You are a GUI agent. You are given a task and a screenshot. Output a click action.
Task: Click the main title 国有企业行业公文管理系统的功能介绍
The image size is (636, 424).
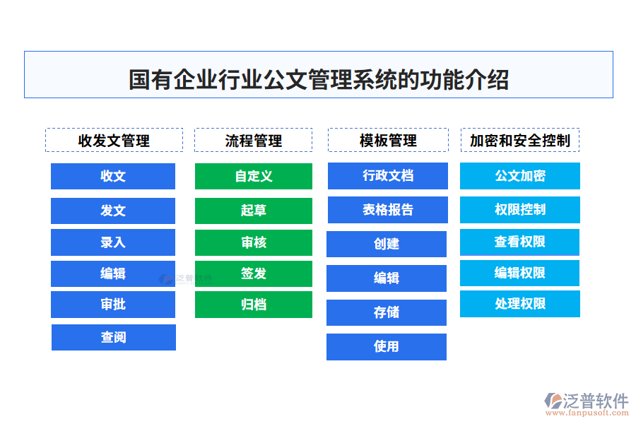[x=318, y=79]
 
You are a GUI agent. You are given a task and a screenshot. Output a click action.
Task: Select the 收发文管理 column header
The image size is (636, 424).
[x=114, y=140]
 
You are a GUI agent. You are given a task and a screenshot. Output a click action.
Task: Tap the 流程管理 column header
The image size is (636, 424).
[x=253, y=140]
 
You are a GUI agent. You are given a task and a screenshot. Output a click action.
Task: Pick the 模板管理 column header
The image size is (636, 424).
[x=387, y=140]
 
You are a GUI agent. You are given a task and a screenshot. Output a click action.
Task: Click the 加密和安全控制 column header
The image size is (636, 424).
[x=519, y=140]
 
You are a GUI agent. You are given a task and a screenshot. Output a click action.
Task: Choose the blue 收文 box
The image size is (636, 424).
[x=113, y=176]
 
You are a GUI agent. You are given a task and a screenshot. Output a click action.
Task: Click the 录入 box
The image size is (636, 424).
[x=113, y=242]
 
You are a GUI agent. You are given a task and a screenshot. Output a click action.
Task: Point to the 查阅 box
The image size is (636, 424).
[x=113, y=338]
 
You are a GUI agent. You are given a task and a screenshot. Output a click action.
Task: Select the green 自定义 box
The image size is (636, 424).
[x=253, y=176]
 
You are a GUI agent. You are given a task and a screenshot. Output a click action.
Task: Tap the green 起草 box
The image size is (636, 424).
[x=253, y=211]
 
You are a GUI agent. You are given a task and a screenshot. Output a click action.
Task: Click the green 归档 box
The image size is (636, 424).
[x=253, y=305]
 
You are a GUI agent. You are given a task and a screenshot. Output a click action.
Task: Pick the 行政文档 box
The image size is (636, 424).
[x=387, y=176]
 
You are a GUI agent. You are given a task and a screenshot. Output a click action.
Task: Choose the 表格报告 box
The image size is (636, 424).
[x=387, y=210]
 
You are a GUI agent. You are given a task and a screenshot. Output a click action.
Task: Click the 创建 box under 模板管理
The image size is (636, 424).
[x=387, y=244]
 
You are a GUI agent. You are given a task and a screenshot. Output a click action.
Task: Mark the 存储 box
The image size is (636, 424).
[x=387, y=312]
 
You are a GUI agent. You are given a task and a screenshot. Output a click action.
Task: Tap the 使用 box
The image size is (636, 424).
[x=387, y=346]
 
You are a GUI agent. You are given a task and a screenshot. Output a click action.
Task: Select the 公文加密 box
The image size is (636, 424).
[x=519, y=176]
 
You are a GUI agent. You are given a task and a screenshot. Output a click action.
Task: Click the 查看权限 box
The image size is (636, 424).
[x=519, y=242]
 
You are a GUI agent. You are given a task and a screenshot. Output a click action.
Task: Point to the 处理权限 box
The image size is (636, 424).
[x=519, y=304]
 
